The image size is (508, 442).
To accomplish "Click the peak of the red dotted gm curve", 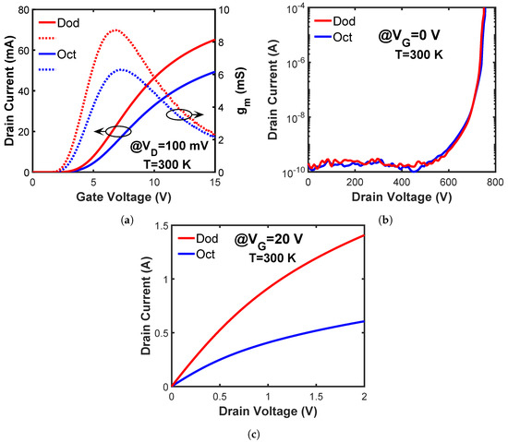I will tap(114, 30).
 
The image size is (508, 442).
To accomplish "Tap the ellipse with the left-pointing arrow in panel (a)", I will tap(117, 132).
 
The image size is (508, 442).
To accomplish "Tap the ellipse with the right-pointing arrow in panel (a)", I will tap(180, 115).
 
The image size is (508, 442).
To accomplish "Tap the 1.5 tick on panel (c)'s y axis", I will tap(160, 226).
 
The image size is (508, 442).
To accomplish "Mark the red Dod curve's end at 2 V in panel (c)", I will tap(363, 235).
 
